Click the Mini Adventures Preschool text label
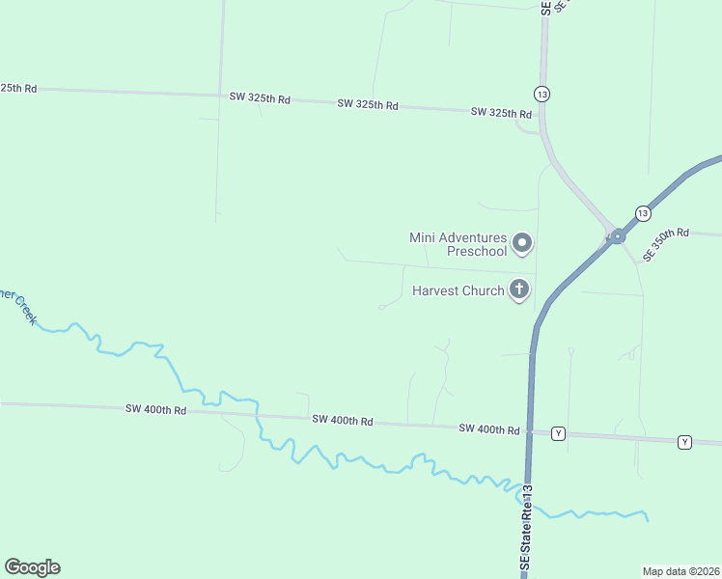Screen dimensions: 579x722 [x=458, y=244]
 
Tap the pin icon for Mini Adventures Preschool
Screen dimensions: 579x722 [x=522, y=243]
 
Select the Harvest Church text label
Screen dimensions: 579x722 [x=458, y=290]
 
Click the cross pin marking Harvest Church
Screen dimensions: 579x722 [x=519, y=289]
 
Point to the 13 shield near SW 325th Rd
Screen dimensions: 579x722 [x=541, y=94]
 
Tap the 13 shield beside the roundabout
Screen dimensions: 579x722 [x=643, y=212]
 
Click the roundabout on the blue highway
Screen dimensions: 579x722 [x=617, y=235]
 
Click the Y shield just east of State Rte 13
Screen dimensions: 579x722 [x=558, y=434]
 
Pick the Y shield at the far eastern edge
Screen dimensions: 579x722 [x=684, y=442]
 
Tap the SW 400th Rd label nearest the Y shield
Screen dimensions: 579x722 [x=489, y=428]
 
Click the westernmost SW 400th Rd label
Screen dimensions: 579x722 [x=154, y=409]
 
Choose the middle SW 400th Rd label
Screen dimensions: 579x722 [x=342, y=421]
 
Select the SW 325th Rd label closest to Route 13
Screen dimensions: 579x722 [x=501, y=113]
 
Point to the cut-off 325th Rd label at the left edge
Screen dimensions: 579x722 [x=18, y=88]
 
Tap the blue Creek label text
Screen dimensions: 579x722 [x=19, y=307]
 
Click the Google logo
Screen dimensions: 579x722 [x=32, y=567]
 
